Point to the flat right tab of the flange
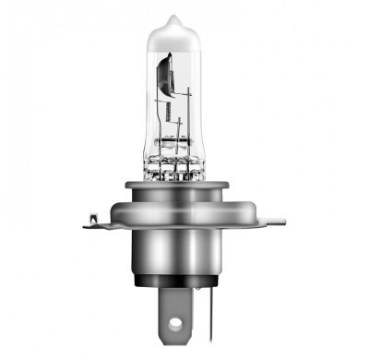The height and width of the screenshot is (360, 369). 274,221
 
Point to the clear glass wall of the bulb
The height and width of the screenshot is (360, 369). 152,102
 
